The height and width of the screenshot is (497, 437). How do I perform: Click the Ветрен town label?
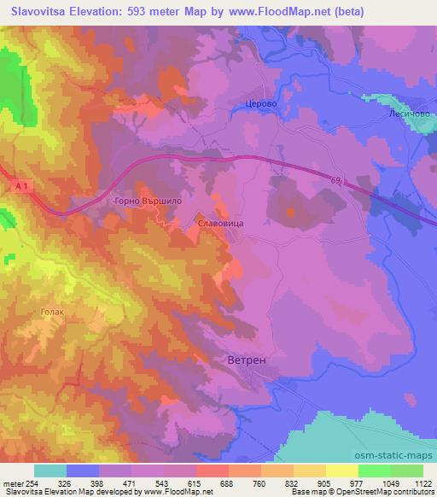pyautogui.click(x=248, y=360)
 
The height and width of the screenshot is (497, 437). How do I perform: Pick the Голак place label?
pyautogui.click(x=52, y=312)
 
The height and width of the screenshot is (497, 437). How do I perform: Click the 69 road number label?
pyautogui.click(x=341, y=178)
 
